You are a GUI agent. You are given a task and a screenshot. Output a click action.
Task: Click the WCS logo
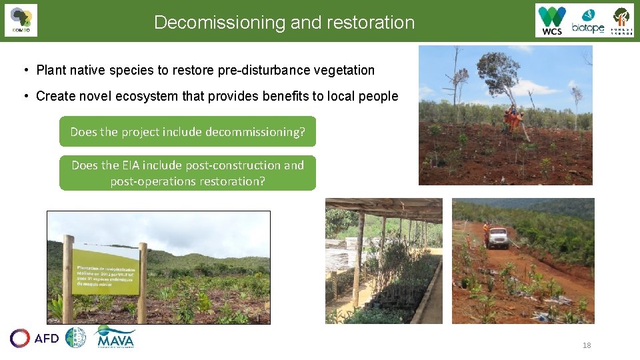point(552,21)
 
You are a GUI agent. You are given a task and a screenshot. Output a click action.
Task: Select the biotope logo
point(587,21)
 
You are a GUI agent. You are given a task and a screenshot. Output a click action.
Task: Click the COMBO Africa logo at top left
point(21,20)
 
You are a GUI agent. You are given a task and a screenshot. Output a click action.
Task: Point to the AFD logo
point(35,338)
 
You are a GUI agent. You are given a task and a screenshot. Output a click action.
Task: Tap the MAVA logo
point(115,337)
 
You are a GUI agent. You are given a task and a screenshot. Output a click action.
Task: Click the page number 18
point(587,345)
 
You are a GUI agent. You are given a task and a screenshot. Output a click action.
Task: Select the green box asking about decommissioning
point(187,132)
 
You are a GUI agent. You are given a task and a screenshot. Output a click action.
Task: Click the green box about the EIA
point(187,173)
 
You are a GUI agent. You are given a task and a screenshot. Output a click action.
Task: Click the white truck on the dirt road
point(497,236)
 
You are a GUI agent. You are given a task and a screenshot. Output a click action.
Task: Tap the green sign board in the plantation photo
point(105,271)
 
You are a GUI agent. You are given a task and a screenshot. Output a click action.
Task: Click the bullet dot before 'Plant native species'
point(25,70)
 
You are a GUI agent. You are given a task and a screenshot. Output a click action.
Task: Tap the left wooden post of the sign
point(68,279)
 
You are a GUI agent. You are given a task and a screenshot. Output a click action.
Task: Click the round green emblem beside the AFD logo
point(75,337)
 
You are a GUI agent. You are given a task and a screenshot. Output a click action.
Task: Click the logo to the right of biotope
point(621,21)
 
